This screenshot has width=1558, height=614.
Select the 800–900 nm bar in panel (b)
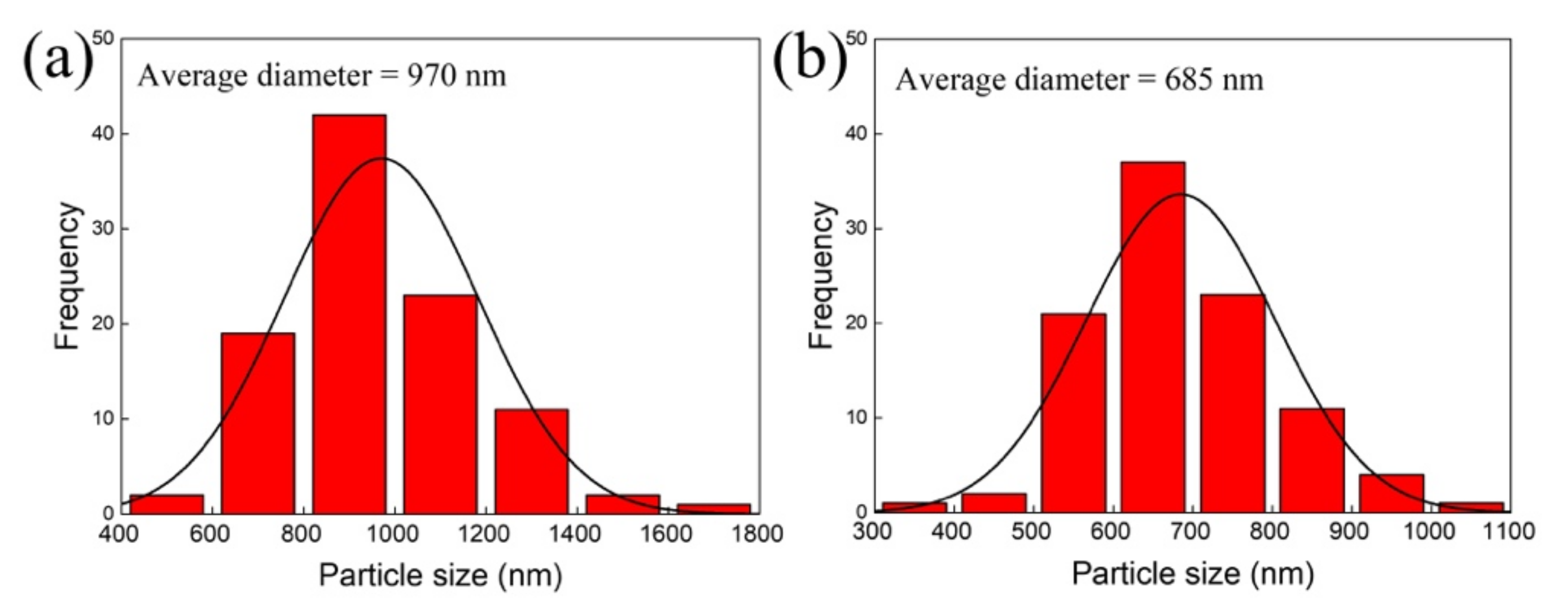tap(1311, 460)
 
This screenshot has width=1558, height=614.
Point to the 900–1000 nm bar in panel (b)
tap(1391, 494)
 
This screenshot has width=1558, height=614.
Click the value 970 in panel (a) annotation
tap(431, 76)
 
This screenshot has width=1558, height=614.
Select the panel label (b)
tap(811, 60)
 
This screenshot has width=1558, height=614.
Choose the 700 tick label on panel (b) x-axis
tap(1191, 531)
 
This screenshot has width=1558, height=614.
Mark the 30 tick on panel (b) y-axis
tap(856, 229)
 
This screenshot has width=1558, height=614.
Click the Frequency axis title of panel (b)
tap(821, 275)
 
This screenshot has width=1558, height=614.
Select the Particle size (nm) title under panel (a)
tap(440, 574)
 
